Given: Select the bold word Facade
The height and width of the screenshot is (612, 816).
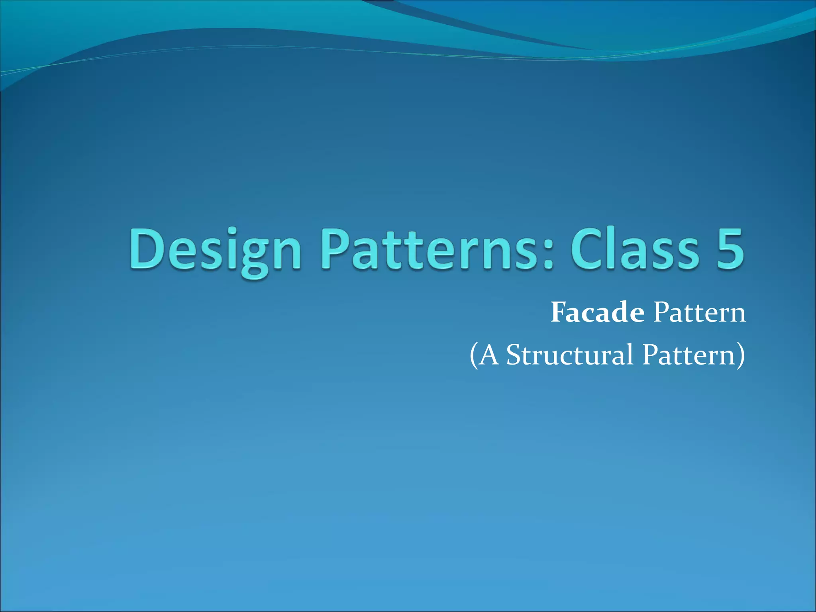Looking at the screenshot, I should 597,313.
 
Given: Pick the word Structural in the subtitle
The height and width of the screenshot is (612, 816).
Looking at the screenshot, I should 570,355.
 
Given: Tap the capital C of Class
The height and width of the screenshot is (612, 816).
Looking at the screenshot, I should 586,249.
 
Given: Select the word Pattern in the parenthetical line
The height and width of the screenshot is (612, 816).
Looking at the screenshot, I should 688,355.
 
